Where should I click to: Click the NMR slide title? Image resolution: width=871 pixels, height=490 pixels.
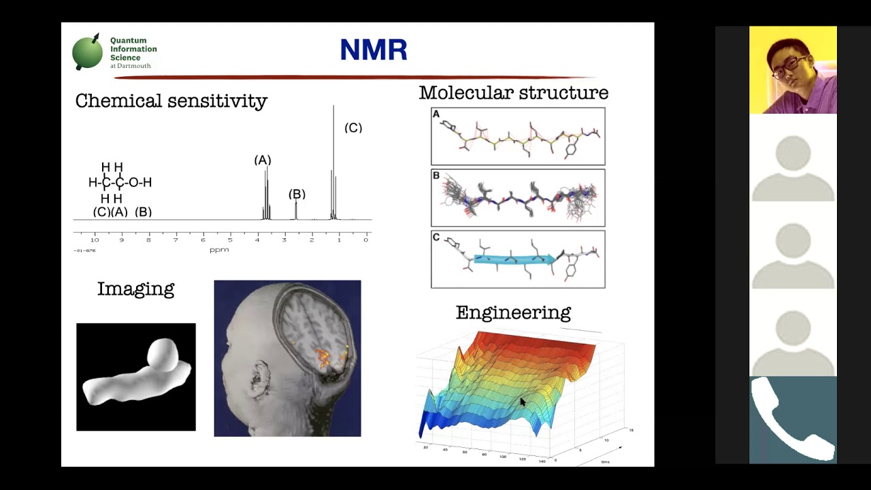tap(374, 50)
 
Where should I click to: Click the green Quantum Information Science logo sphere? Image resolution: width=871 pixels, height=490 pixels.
tap(87, 52)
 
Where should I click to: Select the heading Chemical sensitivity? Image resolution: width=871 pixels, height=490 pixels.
tap(171, 101)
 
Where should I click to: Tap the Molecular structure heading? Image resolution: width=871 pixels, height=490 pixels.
tap(513, 93)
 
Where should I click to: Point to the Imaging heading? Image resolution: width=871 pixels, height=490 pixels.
tap(135, 289)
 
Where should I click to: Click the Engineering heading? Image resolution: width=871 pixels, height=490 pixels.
tap(513, 312)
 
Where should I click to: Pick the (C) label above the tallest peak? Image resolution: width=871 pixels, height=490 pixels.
tap(353, 128)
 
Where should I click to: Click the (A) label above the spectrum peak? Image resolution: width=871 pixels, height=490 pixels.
tap(263, 160)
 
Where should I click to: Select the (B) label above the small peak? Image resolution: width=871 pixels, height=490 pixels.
tap(297, 194)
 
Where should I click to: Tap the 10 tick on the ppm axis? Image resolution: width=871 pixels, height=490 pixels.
tap(95, 240)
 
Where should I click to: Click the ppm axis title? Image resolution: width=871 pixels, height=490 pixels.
tap(219, 250)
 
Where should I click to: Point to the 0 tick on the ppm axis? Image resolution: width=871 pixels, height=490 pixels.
tap(365, 240)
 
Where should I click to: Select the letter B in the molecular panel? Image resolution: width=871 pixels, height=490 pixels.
tap(436, 176)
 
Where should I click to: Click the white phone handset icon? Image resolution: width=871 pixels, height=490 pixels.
tap(793, 419)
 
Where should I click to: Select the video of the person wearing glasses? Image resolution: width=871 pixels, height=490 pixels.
tap(793, 70)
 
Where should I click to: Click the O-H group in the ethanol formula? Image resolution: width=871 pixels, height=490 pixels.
tap(140, 182)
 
